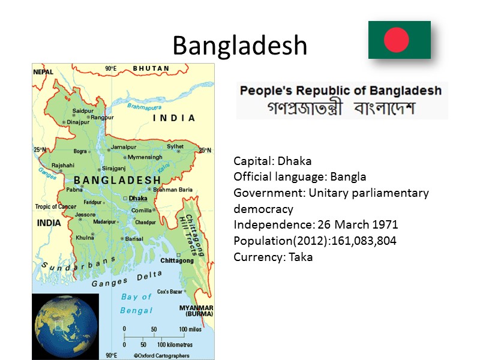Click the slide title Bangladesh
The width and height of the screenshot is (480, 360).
[x=240, y=46]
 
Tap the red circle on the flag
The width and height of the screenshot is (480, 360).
[x=397, y=40]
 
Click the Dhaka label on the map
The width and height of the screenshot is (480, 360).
[x=138, y=197]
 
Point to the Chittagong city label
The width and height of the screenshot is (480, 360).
[x=177, y=260]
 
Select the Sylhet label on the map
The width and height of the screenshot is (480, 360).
[x=175, y=146]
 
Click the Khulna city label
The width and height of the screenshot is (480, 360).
[x=85, y=238]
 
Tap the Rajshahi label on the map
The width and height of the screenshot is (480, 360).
[x=63, y=165]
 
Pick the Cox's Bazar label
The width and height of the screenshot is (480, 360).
[x=170, y=292]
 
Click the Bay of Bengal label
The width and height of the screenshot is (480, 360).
[x=137, y=303]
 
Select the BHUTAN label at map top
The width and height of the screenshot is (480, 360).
[x=151, y=68]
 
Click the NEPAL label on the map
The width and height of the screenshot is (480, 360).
[x=43, y=72]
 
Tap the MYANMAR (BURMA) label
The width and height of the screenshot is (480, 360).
[x=196, y=311]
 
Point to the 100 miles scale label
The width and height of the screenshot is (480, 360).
[x=190, y=329]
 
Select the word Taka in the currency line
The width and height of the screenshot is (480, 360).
[x=301, y=257]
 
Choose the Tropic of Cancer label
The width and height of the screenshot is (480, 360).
[x=55, y=207]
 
